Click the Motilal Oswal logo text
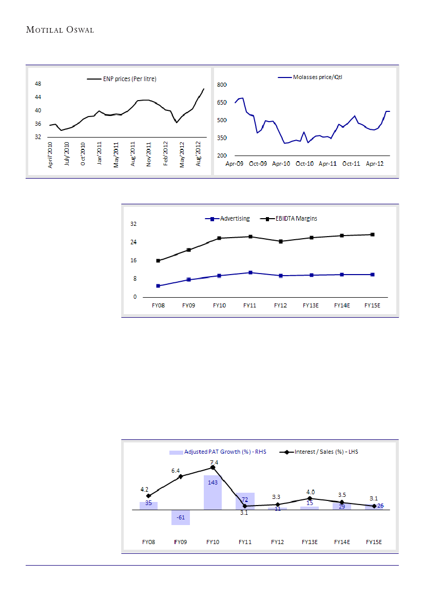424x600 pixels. (60, 30)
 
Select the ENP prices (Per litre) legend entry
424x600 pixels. (122, 79)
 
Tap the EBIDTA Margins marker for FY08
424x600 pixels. (158, 261)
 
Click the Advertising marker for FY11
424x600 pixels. (250, 273)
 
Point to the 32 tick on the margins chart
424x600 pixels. (133, 224)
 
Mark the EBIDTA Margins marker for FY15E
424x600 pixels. (373, 235)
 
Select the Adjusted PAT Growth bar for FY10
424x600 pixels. (213, 492)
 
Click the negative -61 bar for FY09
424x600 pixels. (181, 517)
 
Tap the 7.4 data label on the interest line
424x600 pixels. (214, 462)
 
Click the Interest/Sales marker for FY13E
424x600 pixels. (310, 498)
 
